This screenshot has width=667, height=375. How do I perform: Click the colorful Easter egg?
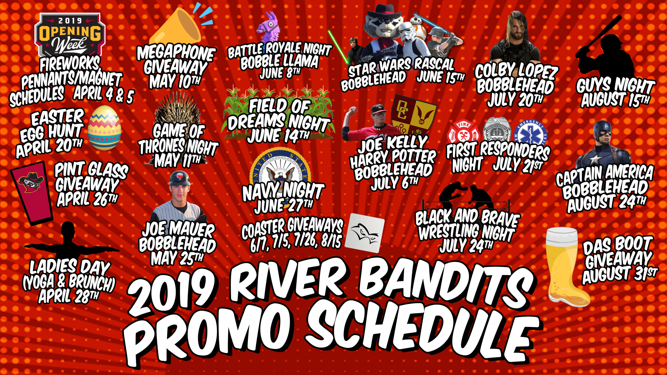pos(105,128)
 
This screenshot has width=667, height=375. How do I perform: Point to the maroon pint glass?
pos(31,193)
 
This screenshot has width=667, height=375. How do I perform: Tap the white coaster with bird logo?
pos(365,233)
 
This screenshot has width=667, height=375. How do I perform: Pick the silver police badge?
pos(497,130)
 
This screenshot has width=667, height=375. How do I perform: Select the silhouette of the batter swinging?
pos(604,48)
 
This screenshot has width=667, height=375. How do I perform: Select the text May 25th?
pos(177,258)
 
